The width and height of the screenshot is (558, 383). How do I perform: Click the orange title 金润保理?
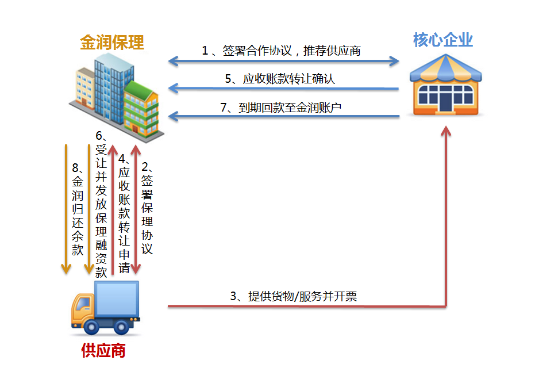(111, 43)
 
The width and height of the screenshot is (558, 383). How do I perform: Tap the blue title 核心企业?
(443, 40)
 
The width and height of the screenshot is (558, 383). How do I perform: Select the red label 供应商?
(103, 351)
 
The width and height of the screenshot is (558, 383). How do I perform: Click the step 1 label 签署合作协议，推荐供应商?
(281, 51)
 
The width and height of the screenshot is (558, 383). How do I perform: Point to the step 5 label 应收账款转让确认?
(280, 78)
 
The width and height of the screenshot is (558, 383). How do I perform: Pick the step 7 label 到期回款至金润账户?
(281, 107)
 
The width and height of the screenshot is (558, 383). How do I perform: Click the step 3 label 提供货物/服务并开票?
(294, 296)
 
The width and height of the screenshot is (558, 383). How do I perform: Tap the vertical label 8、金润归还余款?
(78, 209)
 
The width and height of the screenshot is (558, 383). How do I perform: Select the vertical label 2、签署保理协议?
(147, 208)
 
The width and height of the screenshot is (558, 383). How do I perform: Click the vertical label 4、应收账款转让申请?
(124, 213)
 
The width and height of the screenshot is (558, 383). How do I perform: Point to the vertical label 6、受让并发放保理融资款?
(101, 204)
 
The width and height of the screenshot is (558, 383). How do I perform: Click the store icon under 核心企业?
(445, 85)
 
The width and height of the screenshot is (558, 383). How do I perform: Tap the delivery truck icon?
(105, 308)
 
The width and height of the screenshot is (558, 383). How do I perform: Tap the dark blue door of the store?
(445, 102)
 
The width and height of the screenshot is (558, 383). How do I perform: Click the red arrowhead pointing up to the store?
(446, 131)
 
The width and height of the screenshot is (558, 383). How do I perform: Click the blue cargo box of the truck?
(116, 298)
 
